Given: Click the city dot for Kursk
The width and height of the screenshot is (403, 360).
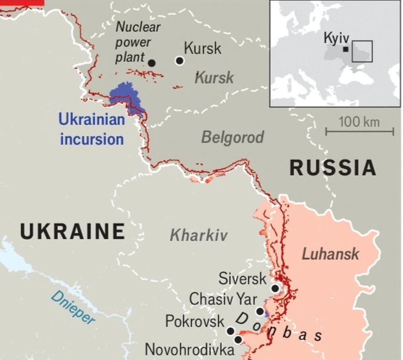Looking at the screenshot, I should (179, 61).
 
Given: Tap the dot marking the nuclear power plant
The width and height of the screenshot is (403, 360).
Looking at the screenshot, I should (151, 63).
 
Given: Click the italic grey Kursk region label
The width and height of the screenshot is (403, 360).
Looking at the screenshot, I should (215, 78).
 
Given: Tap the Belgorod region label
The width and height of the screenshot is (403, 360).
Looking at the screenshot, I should (232, 137).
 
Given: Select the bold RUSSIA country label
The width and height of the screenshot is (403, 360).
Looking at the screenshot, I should (333, 168).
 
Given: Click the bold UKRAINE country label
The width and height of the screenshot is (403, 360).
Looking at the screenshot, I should (72, 231).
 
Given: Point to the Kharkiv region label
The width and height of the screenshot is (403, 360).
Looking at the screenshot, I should (199, 236).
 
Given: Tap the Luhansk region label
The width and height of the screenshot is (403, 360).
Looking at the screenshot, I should (330, 254).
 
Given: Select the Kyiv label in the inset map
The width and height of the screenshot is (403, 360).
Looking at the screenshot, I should (336, 38).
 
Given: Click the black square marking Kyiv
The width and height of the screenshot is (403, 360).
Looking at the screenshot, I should (346, 49).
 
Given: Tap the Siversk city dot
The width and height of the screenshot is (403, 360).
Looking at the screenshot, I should (275, 289).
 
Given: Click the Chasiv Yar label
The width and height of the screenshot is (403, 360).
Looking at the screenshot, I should (223, 299).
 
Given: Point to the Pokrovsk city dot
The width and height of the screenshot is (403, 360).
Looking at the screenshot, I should (230, 331).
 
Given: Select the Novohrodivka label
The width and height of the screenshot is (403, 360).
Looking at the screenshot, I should (189, 349).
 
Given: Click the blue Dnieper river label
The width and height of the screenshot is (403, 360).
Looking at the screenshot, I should (73, 308).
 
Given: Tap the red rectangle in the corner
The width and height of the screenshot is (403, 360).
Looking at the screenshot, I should (22, 2).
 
